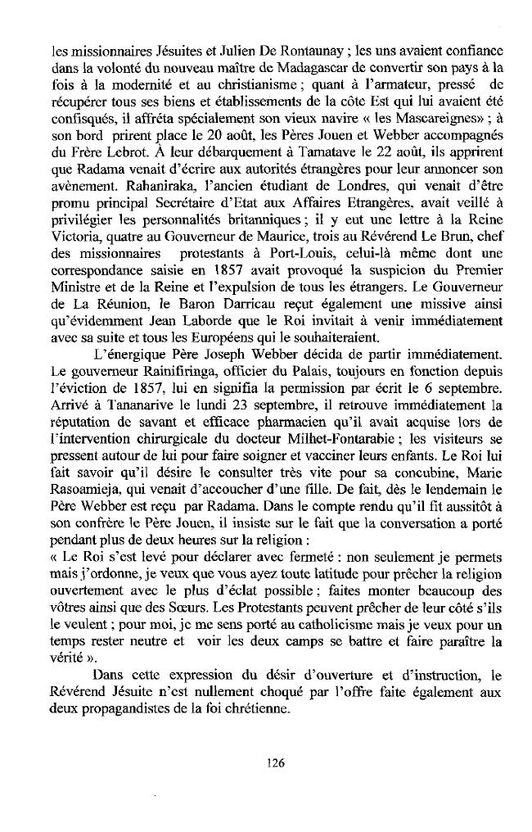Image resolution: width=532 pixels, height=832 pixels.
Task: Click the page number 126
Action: (274, 762)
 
